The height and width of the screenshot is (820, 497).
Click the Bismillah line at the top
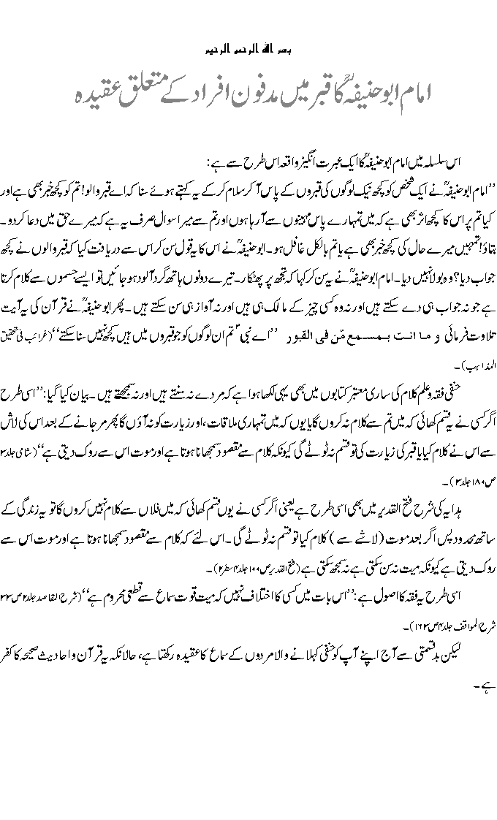click(248, 50)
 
